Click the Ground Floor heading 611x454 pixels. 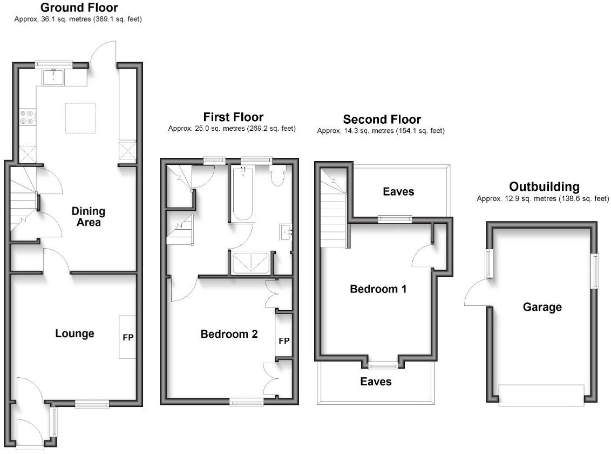(x=79, y=8)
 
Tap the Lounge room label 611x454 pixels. (x=74, y=333)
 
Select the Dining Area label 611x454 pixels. (x=88, y=216)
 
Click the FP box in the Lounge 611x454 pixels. (x=128, y=337)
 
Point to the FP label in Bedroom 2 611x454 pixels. (x=284, y=341)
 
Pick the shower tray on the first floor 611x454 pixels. (x=251, y=264)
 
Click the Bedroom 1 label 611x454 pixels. (x=378, y=289)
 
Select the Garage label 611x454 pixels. (x=542, y=307)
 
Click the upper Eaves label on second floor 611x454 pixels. (x=398, y=191)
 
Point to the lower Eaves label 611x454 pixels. (x=376, y=382)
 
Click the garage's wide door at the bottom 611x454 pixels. (x=541, y=395)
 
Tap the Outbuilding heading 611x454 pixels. (x=544, y=187)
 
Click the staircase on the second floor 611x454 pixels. (x=334, y=211)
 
